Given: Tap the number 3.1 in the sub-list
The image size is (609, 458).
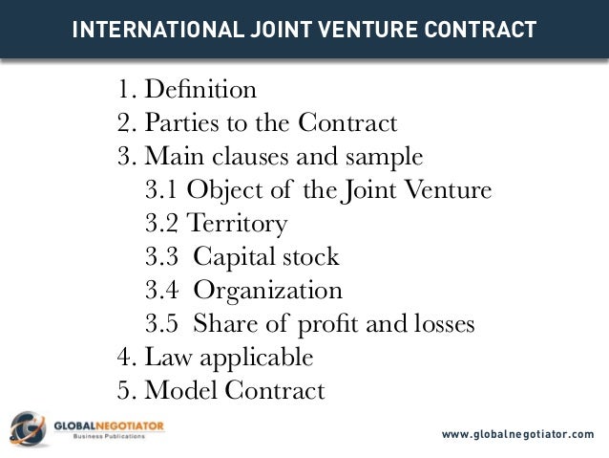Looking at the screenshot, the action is pos(161,191).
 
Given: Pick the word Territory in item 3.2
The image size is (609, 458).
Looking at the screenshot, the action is pos(235,225).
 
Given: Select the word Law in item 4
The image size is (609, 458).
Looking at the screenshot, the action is pos(164,359).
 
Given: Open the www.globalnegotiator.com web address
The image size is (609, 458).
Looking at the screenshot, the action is pos(518,436).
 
